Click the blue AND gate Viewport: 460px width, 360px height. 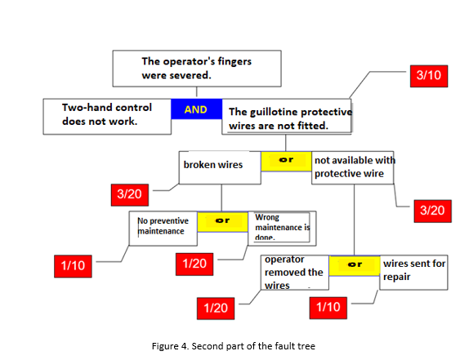196,109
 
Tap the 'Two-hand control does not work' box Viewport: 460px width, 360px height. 107,117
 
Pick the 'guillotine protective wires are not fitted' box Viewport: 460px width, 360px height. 286,119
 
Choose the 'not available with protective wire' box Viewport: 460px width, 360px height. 353,167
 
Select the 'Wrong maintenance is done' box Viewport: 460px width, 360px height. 279,226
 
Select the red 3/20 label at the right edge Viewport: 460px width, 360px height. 431,210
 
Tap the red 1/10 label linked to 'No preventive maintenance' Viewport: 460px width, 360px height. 78,265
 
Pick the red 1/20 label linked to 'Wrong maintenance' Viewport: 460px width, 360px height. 194,263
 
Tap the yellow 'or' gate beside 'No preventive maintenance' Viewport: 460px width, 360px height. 221,220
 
